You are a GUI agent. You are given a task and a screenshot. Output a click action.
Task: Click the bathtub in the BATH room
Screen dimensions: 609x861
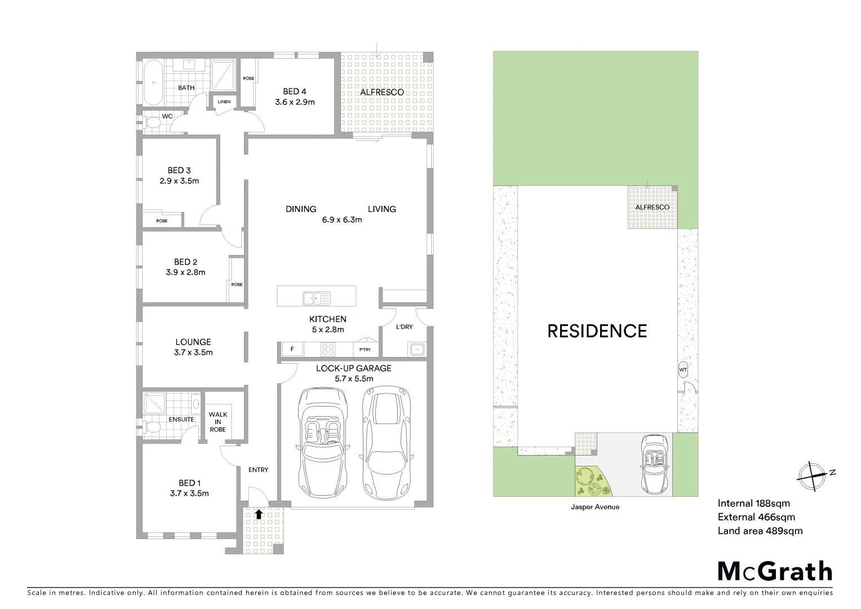153,83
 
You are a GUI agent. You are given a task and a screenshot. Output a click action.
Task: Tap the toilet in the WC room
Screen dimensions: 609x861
150,122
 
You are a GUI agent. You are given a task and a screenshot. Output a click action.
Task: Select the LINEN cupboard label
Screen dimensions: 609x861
224,101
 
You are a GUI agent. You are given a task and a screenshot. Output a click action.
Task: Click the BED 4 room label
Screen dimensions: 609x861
295,91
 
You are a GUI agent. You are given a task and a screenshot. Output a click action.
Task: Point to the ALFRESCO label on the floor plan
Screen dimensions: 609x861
381,92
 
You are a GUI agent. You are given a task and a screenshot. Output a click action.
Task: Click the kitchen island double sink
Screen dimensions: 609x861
316,298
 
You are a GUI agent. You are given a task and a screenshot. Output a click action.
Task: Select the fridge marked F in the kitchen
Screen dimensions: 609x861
292,349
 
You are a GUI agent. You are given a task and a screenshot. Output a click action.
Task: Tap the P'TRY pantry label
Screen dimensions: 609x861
365,350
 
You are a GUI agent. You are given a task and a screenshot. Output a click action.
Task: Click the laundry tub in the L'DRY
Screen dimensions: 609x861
416,350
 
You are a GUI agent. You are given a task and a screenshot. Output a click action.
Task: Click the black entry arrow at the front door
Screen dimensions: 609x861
259,514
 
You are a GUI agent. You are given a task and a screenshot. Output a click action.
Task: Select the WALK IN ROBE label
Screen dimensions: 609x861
218,422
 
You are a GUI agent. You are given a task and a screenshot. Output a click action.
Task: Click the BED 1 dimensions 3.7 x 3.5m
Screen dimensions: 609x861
189,493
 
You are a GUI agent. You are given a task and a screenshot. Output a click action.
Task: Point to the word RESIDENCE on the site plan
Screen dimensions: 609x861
597,331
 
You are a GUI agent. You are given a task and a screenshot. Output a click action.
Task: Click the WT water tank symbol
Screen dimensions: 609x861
683,369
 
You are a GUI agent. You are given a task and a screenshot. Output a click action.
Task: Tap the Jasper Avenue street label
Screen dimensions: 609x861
596,507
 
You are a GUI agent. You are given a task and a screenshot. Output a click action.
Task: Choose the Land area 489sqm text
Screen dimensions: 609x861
760,531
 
